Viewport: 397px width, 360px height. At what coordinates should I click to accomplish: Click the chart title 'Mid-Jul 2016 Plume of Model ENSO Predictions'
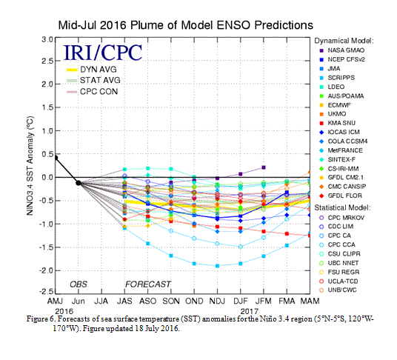coord(186,25)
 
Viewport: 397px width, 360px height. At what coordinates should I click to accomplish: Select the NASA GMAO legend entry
coord(342,50)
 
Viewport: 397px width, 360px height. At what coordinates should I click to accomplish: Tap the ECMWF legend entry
coord(336,105)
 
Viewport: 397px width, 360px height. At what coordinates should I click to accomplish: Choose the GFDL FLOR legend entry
coord(341,196)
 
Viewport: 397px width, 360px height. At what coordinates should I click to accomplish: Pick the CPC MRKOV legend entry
coord(341,218)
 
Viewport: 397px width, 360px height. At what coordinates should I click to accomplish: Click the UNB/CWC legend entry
coord(338,290)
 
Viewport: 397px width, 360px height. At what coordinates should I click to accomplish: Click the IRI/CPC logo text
coord(103,53)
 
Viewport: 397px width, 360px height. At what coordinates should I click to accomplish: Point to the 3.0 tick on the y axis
coord(47,40)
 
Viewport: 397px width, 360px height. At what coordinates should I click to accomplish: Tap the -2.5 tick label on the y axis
coord(46,292)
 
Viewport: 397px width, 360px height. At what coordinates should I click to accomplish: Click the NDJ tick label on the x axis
coord(217,301)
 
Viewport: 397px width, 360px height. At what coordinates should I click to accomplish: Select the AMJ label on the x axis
coord(55,301)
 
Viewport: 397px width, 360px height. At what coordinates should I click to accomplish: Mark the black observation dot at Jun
coord(79,183)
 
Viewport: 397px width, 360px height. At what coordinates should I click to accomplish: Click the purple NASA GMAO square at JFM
coord(264,167)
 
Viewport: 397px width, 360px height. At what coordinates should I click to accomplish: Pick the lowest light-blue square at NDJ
coord(217,266)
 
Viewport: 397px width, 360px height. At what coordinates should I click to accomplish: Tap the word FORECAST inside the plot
coord(148,284)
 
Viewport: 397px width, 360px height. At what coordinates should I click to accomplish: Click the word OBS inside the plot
coord(79,284)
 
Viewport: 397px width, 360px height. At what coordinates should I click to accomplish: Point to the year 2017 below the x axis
coord(250,311)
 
